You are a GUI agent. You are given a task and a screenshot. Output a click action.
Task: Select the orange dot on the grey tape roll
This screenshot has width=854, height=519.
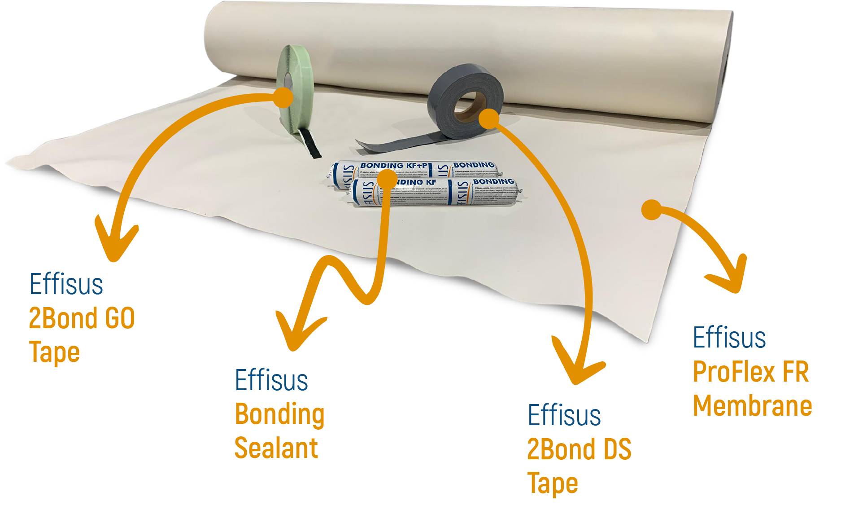pos(489,118)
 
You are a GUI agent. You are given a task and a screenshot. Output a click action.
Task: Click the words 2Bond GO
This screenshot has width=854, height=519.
pos(82,318)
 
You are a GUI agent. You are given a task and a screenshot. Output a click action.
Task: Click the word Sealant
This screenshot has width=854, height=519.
pos(276,448)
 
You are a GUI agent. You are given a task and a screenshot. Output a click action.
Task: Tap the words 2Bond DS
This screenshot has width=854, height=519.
pos(579,449)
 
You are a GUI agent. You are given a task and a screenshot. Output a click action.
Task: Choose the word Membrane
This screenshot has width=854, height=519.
pos(752,406)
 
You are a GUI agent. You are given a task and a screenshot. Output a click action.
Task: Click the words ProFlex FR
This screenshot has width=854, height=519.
pos(750,372)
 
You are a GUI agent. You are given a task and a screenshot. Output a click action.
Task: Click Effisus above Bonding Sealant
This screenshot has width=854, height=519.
pos(271,380)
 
